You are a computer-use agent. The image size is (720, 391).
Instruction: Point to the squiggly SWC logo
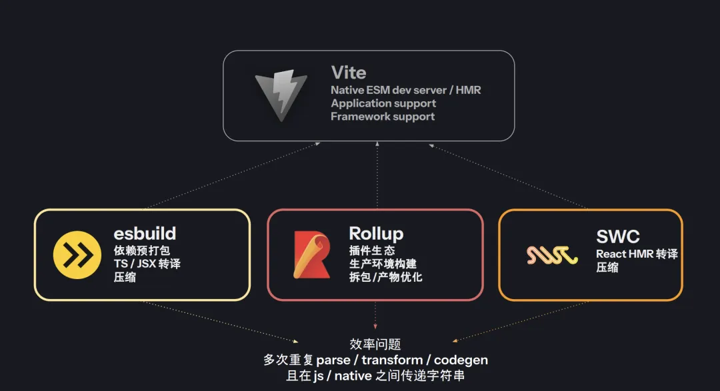[x=551, y=254]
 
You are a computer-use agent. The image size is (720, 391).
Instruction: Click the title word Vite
[x=349, y=72]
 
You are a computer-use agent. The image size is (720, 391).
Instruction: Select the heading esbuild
[x=145, y=233]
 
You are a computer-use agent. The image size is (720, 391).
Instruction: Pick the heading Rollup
[x=376, y=233]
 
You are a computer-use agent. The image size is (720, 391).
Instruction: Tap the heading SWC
[x=618, y=236]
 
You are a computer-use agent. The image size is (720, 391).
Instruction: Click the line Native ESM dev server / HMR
[x=406, y=89]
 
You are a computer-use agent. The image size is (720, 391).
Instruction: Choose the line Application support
[x=383, y=103]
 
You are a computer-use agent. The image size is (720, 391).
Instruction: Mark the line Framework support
[x=383, y=117]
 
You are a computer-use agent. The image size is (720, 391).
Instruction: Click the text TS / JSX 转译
[x=147, y=264]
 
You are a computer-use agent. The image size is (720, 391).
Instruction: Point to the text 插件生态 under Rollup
[x=372, y=250]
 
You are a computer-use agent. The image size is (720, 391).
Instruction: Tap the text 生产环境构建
[x=383, y=264]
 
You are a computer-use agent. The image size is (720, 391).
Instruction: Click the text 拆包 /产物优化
[x=385, y=277]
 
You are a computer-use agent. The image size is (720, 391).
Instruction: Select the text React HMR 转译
[x=637, y=254]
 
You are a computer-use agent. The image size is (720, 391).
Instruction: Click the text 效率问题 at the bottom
[x=375, y=344]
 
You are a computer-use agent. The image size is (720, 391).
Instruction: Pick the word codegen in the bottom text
[x=460, y=360]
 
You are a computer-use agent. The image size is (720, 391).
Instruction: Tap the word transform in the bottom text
[x=392, y=360]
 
